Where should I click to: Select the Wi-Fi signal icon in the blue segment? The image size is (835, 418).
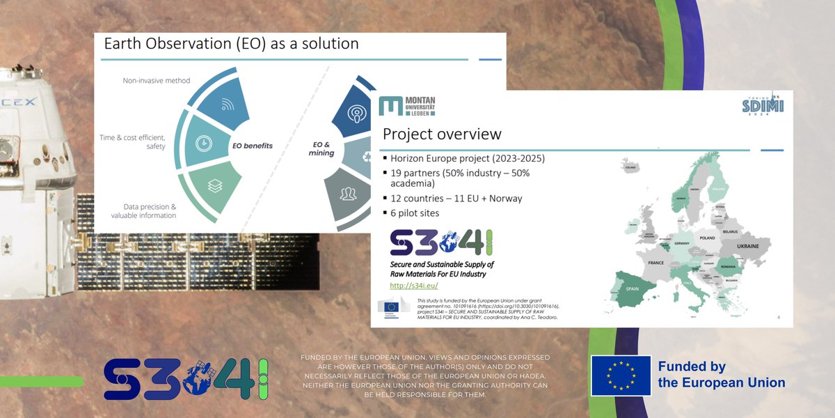point(228,105)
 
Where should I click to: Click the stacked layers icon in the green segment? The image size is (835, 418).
point(214,185)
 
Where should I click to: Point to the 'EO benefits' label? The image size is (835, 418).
point(252,146)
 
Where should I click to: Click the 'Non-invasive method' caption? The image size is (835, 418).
point(157,81)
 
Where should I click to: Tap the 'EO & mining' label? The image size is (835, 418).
point(321,148)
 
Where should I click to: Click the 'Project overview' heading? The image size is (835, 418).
point(442,134)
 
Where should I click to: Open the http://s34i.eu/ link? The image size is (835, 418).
point(413,286)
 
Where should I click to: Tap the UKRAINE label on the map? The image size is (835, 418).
point(748,247)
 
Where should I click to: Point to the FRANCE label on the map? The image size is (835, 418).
point(656,263)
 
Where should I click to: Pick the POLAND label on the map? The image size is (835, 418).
point(707,238)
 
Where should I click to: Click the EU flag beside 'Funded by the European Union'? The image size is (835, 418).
point(621,376)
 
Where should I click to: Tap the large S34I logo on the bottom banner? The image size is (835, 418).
point(186,379)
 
